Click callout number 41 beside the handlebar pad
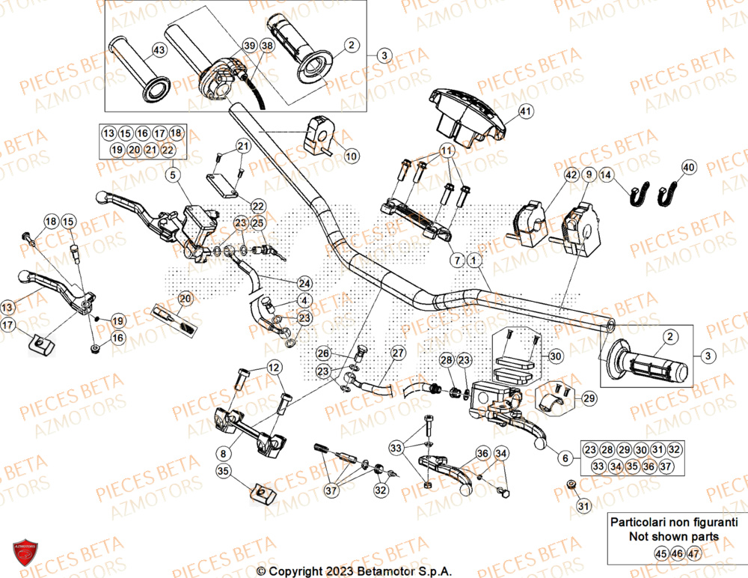(525, 112)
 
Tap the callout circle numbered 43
(158, 50)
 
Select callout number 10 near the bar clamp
(352, 156)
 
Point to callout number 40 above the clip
(688, 167)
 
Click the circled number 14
(607, 174)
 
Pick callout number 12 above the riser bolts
(274, 368)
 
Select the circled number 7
(455, 260)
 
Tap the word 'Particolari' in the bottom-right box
(640, 522)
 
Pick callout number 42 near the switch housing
(571, 175)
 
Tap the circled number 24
(303, 283)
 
